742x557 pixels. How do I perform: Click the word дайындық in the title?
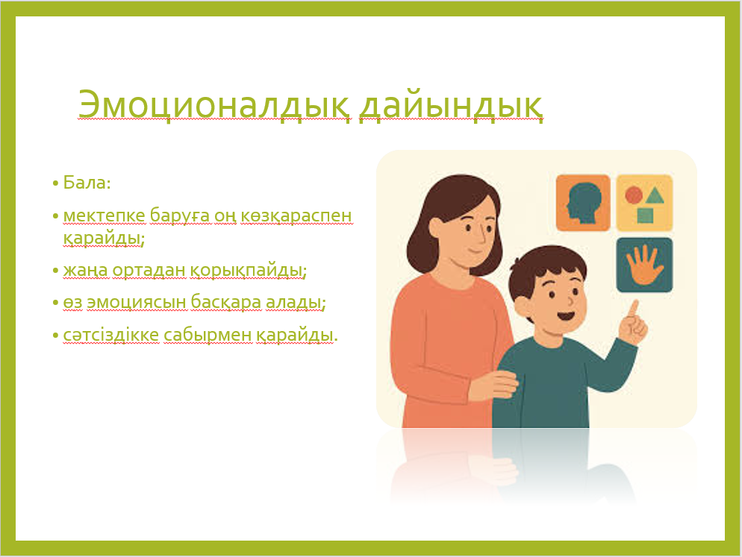tap(451, 105)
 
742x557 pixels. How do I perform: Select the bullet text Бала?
tap(87, 183)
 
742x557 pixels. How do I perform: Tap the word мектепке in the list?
tap(104, 215)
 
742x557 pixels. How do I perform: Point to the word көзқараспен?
tap(296, 215)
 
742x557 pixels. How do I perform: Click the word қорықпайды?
tap(248, 271)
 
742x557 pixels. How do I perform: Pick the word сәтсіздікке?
tap(111, 335)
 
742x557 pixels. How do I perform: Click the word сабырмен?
tap(208, 335)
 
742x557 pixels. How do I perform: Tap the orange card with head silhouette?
tap(583, 203)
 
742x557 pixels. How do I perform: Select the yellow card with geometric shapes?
tap(644, 203)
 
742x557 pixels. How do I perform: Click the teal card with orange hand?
tap(644, 265)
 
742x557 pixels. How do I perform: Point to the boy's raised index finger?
tap(633, 309)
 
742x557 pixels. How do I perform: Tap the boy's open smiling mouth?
tap(566, 315)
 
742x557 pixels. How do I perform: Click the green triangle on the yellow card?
tap(655, 195)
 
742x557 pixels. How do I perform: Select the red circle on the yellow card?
tap(634, 195)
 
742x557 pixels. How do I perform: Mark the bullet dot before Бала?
tap(55, 183)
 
